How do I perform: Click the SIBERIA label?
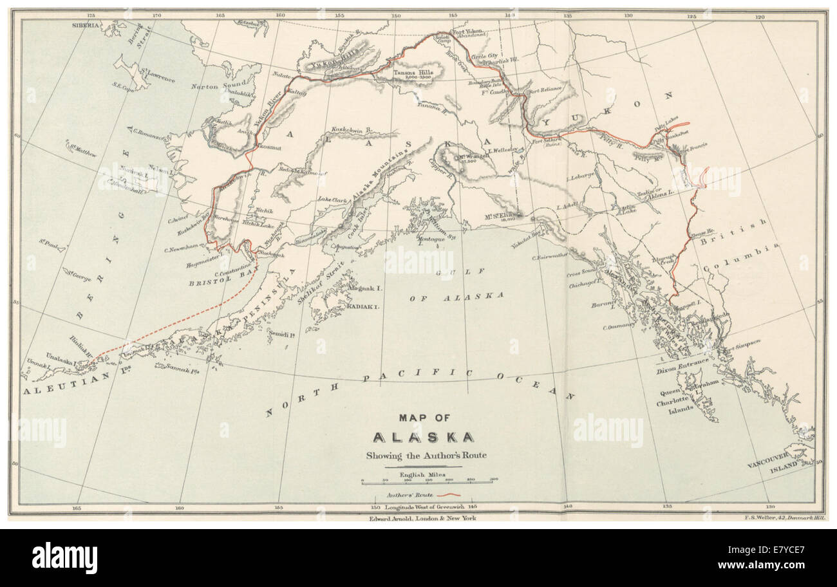(87, 25)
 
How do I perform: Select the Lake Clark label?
(333, 200)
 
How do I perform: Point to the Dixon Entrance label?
(682, 371)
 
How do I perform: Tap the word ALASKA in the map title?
(424, 438)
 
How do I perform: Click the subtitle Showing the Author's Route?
(426, 456)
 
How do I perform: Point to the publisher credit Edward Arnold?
(422, 517)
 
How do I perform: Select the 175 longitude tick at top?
(91, 14)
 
